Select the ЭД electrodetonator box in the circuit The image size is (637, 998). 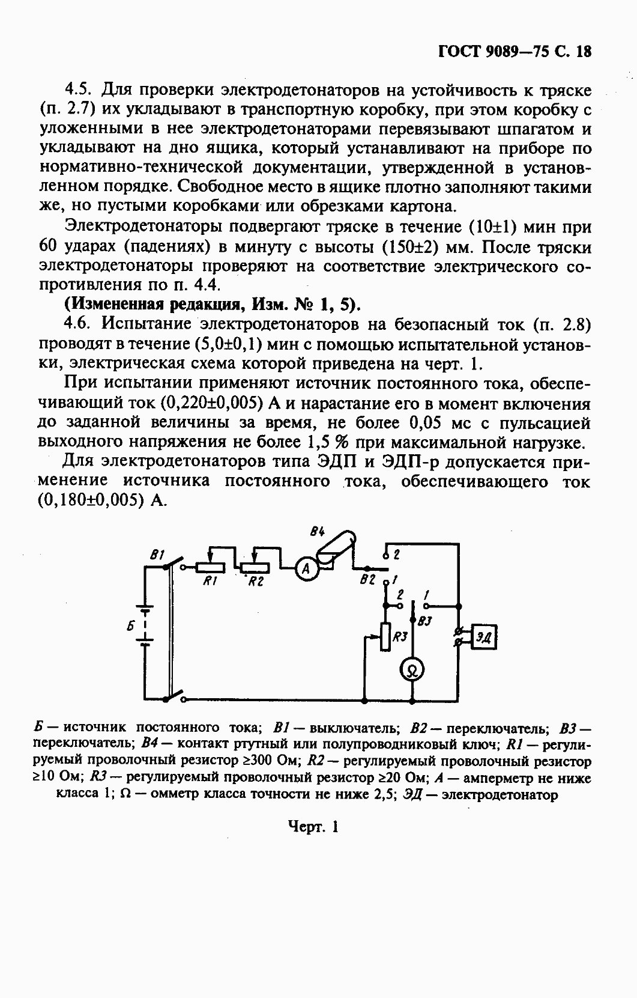click(484, 637)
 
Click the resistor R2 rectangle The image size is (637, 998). click(256, 567)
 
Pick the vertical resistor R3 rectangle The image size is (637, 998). click(385, 638)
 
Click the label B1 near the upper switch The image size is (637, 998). click(157, 556)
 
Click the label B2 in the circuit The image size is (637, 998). click(367, 580)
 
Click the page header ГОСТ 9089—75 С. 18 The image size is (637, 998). click(515, 51)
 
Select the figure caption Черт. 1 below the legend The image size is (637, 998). click(313, 826)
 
